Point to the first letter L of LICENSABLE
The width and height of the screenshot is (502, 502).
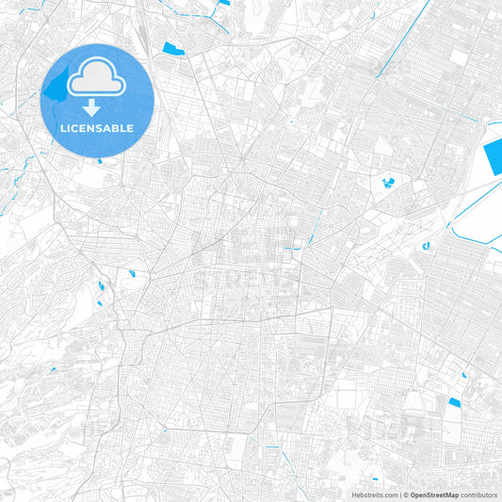coord(62,128)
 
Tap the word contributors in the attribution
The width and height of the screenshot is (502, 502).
coord(478,494)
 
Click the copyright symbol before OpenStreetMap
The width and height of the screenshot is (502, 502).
coord(403,494)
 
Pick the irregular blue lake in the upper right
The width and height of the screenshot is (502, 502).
coord(387,182)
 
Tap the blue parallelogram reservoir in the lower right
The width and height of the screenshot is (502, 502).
coord(455,403)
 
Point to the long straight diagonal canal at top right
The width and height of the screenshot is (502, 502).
coord(396,38)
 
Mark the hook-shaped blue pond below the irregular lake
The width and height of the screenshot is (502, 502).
coord(426,246)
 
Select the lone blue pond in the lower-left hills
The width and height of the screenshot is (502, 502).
coord(53,368)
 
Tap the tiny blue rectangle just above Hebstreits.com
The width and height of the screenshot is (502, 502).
coord(375,478)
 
